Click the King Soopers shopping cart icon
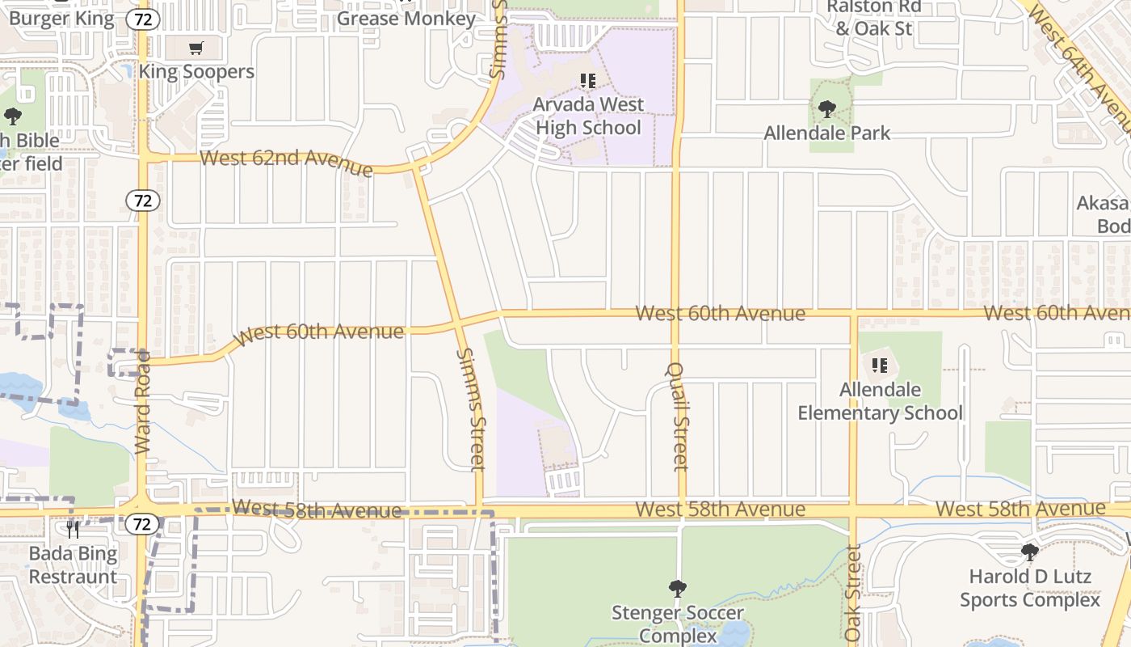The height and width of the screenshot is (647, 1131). pyautogui.click(x=196, y=49)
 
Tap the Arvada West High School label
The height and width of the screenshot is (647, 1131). pyautogui.click(x=588, y=116)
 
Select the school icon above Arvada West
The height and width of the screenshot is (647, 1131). pyautogui.click(x=588, y=81)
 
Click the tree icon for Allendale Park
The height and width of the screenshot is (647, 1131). pyautogui.click(x=826, y=108)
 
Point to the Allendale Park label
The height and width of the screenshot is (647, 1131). pyautogui.click(x=827, y=133)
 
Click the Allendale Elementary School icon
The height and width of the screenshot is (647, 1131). pyautogui.click(x=880, y=366)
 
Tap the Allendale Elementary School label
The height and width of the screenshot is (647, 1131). pyautogui.click(x=880, y=401)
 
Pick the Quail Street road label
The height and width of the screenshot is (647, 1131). pyautogui.click(x=679, y=417)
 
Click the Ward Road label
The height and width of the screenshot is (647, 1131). pyautogui.click(x=143, y=402)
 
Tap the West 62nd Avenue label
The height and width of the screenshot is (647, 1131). pyautogui.click(x=286, y=161)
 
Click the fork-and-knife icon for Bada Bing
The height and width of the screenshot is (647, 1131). pyautogui.click(x=73, y=530)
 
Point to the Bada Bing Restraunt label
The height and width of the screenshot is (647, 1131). pyautogui.click(x=73, y=565)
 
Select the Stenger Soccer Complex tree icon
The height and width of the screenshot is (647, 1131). pyautogui.click(x=677, y=588)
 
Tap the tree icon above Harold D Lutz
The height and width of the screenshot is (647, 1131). pyautogui.click(x=1029, y=552)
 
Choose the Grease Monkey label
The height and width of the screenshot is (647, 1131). pyautogui.click(x=406, y=18)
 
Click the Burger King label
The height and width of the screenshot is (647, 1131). pyautogui.click(x=61, y=18)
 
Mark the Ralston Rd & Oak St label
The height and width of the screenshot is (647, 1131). pyautogui.click(x=873, y=18)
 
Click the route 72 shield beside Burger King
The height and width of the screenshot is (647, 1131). pyautogui.click(x=143, y=19)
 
